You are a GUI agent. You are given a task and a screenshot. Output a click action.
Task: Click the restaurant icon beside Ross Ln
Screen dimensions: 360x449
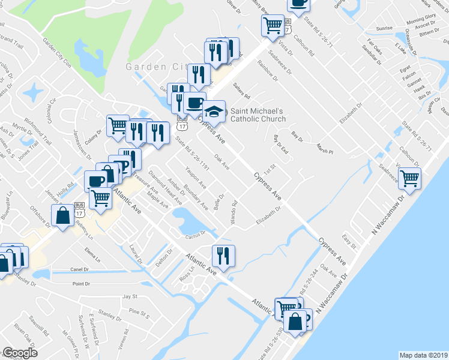[x=223, y=256]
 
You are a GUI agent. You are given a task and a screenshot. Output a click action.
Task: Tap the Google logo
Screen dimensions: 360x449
[x=20, y=353]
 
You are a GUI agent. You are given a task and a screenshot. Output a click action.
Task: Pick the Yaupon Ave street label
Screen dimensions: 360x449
[x=196, y=176]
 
